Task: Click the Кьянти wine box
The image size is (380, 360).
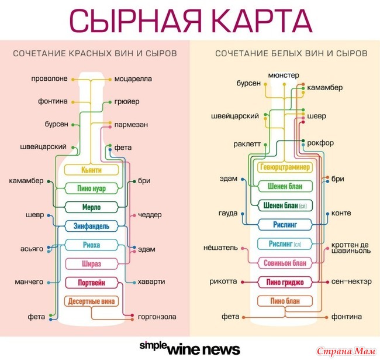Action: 91,170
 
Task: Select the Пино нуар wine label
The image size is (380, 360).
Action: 91,188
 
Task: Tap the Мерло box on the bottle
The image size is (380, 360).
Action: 91,207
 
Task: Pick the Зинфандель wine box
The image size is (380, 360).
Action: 91,225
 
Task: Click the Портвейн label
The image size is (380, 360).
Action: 91,283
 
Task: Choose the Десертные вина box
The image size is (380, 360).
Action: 91,301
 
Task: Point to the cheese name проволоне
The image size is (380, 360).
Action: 49,78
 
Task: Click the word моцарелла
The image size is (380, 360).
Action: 133,78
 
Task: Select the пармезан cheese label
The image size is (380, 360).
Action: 130,124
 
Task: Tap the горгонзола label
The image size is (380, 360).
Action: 157,317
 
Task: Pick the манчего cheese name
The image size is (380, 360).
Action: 29,282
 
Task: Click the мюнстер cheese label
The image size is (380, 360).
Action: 284,76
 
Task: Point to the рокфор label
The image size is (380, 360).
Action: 320,142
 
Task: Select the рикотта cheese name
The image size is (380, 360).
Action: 223,282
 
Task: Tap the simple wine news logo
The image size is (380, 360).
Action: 189,348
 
